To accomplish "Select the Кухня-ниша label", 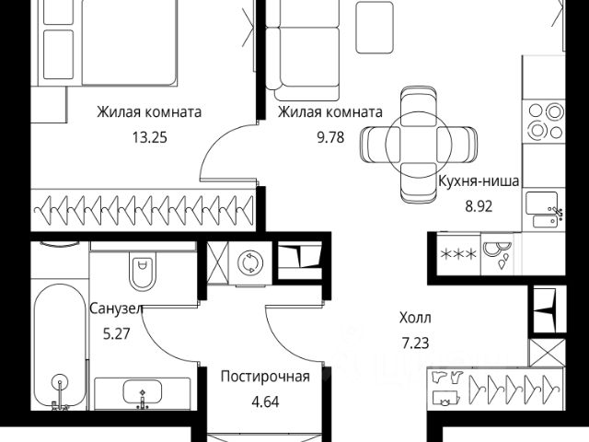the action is [477, 183].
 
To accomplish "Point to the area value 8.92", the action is [477, 206].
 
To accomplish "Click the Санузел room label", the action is [116, 308].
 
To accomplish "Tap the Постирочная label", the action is [265, 376].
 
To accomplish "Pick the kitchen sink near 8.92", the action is [543, 206].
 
